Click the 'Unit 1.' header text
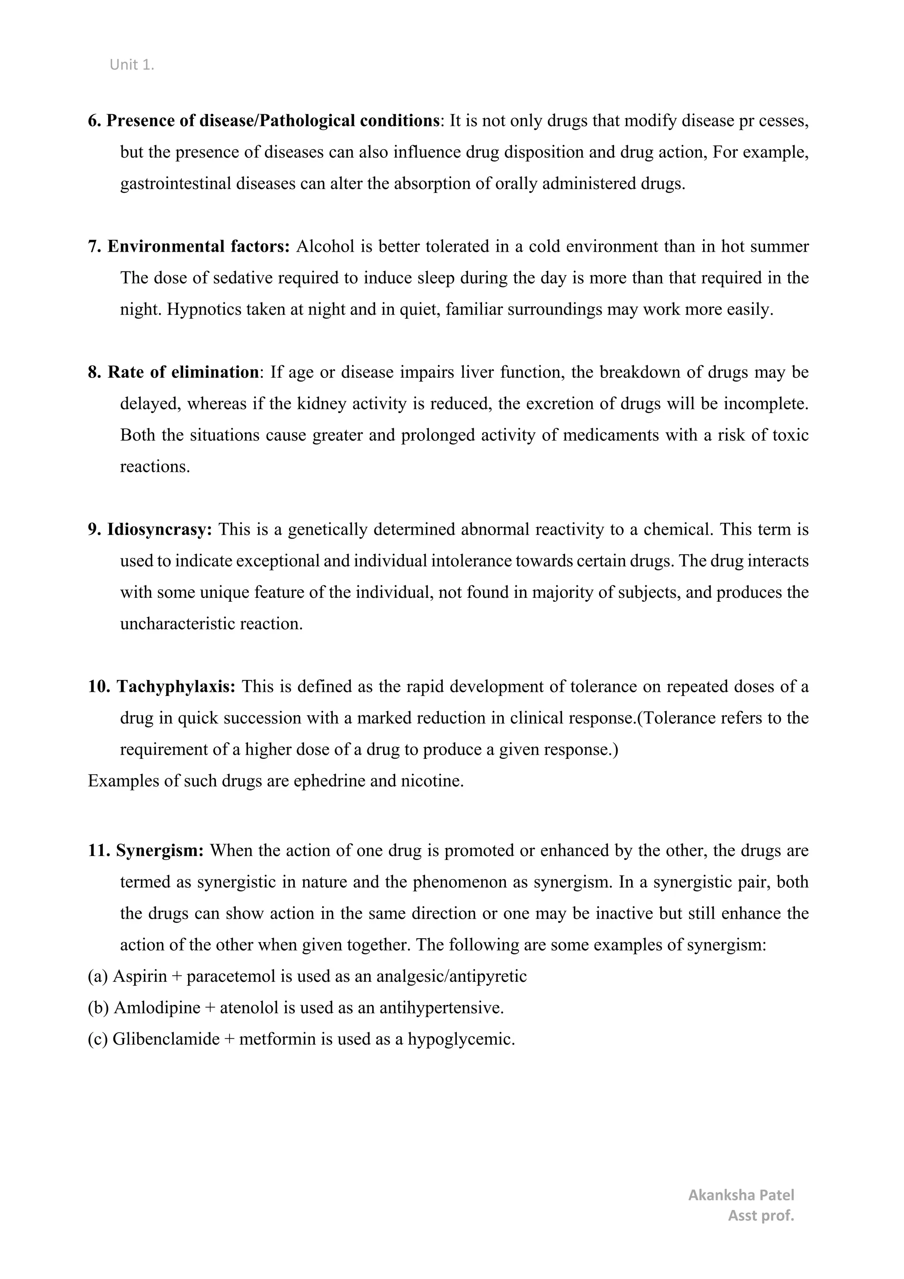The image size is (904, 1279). (x=132, y=65)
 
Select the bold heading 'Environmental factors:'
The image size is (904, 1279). (x=198, y=247)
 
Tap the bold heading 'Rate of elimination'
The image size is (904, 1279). (x=183, y=372)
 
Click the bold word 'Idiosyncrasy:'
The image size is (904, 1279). (x=159, y=529)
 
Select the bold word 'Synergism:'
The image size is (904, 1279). (x=160, y=851)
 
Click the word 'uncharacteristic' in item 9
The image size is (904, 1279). (x=177, y=624)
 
